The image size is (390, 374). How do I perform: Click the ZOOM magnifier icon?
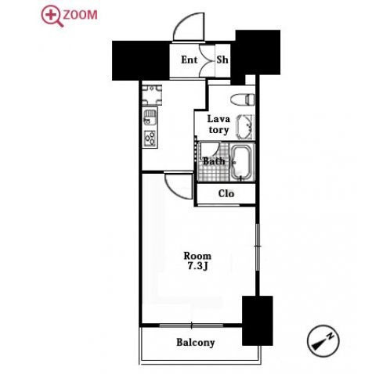(x=52, y=16)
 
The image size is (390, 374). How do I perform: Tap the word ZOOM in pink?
(x=81, y=15)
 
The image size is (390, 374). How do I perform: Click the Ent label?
(x=190, y=59)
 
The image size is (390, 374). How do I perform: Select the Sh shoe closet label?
(x=222, y=59)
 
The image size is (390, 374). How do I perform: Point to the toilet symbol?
(x=243, y=99)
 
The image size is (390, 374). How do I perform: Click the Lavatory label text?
(x=218, y=124)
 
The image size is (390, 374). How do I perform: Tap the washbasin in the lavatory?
(x=244, y=128)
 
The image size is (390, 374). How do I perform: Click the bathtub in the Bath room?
(x=242, y=162)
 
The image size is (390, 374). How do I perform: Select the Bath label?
(x=214, y=161)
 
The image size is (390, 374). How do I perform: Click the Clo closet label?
(x=226, y=193)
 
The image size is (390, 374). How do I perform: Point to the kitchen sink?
(x=150, y=117)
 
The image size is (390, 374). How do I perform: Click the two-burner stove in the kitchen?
(x=150, y=138)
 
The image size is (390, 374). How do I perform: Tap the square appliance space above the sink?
(x=152, y=95)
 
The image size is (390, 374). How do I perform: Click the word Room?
(x=197, y=256)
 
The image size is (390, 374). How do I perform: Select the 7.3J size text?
(x=197, y=266)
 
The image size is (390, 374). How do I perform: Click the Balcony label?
(x=196, y=343)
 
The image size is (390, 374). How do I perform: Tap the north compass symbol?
(x=323, y=340)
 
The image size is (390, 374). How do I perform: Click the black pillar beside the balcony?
(x=258, y=321)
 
